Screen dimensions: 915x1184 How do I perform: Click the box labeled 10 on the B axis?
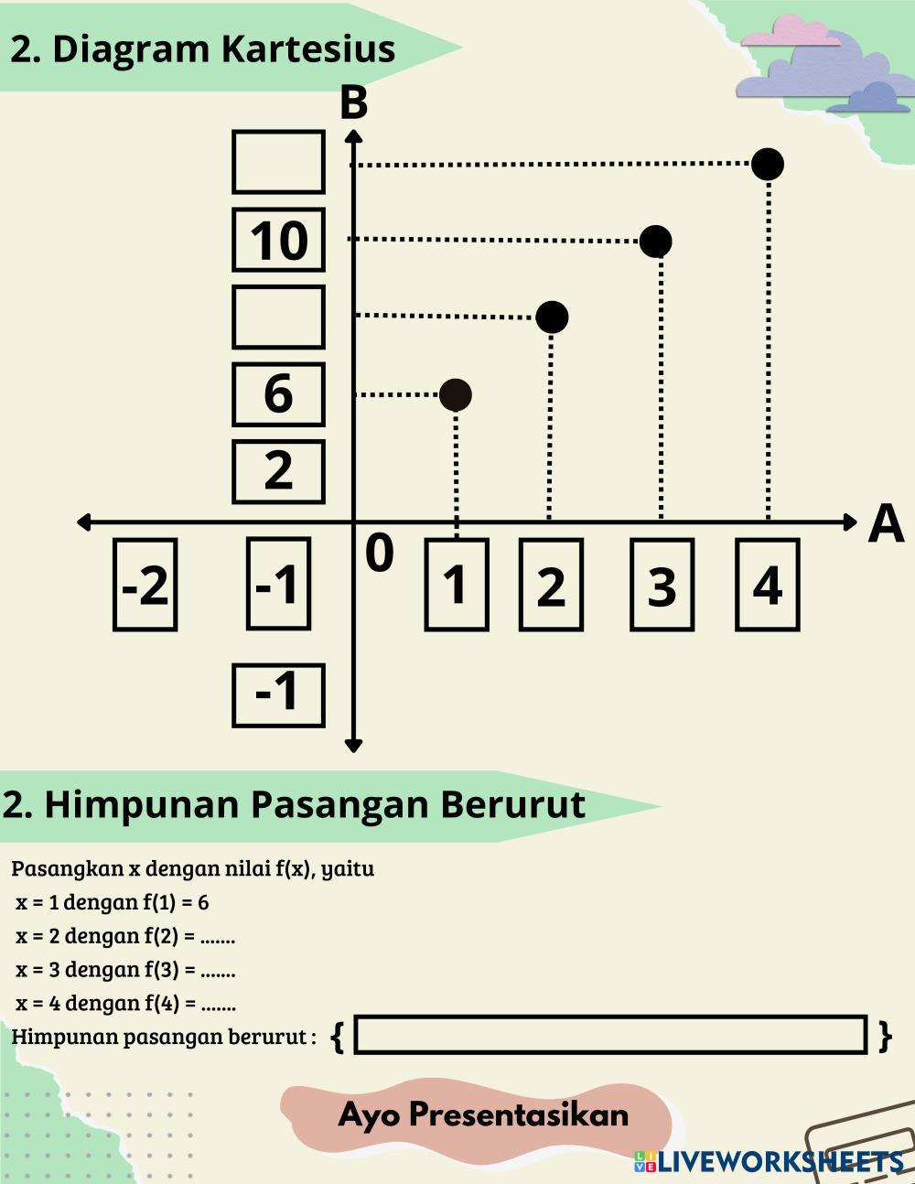278,240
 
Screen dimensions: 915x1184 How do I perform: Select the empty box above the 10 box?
278,162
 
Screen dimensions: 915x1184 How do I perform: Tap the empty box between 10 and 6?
278,317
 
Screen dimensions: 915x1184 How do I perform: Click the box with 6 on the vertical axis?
278,394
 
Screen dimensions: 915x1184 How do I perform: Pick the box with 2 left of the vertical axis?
278,471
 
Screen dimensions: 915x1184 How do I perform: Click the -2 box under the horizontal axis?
145,585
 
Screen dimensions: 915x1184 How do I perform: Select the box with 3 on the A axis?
662,585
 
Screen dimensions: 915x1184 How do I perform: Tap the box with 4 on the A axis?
767,585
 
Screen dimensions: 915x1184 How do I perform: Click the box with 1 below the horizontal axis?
456,585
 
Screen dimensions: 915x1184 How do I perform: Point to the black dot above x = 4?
767,165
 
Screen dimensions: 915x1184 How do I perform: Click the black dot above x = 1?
456,395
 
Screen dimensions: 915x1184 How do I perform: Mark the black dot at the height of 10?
655,242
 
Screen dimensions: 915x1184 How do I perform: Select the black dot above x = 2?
551,318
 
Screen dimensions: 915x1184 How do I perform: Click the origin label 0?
379,554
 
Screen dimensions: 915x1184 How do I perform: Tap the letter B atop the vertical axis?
353,103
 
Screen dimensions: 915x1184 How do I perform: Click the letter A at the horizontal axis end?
885,524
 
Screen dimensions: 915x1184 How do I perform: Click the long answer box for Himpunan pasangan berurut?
610,1035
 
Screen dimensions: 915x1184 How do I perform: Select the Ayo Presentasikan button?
482,1114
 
